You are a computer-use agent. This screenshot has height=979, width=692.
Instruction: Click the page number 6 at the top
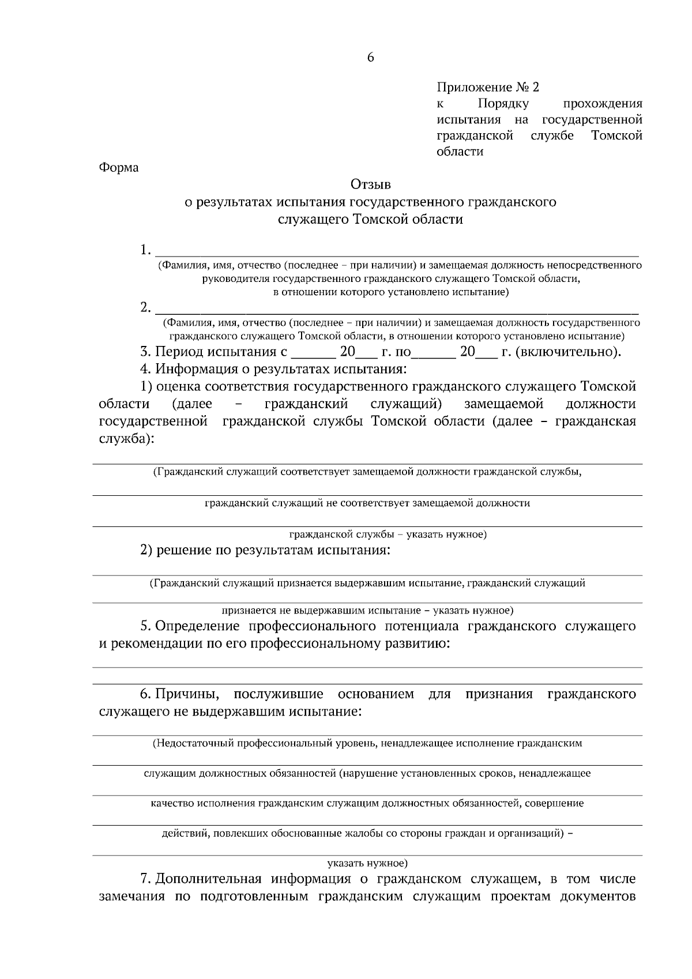(370, 57)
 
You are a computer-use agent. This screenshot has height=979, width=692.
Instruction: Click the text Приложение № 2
(488, 88)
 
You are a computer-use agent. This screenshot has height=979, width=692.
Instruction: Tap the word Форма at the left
(119, 168)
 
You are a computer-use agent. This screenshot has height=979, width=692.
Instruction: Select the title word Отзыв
(370, 184)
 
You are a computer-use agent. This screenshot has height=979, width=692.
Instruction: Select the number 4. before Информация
(145, 369)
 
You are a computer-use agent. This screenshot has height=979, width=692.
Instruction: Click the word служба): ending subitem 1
(126, 439)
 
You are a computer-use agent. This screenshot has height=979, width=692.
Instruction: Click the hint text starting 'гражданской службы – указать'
(388, 534)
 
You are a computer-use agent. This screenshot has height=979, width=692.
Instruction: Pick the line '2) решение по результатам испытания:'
(266, 550)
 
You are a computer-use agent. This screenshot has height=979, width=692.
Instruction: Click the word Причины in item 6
(190, 694)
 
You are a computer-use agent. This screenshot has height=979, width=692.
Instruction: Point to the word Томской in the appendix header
(616, 136)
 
